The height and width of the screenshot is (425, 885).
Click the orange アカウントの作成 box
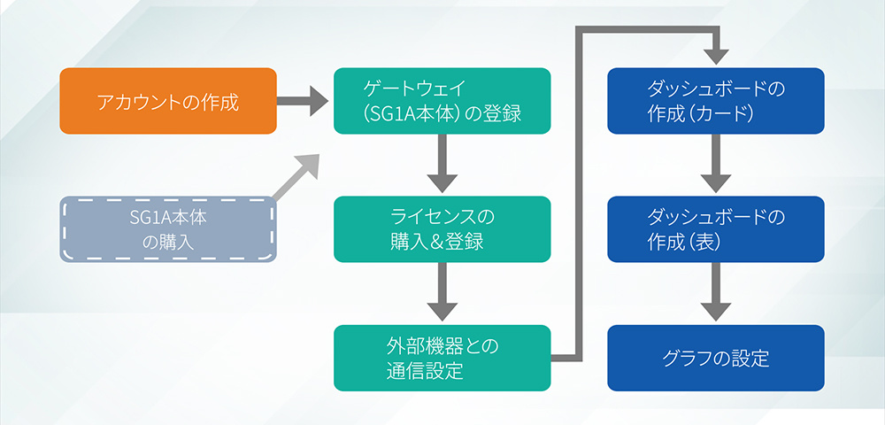pos(168,101)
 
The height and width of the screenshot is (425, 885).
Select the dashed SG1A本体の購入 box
pos(168,229)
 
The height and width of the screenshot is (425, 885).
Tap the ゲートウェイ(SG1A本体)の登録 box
pos(442,101)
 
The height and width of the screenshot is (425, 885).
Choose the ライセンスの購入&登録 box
pos(442,229)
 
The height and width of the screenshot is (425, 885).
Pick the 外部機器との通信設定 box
pos(442,358)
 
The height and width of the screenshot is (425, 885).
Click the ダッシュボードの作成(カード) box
pos(715,101)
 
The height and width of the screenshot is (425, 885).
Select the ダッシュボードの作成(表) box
pos(715,229)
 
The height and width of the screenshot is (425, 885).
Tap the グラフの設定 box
pos(715,358)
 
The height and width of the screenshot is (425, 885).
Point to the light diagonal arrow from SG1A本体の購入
pos(297,181)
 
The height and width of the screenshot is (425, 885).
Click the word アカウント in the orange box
pos(137,101)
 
